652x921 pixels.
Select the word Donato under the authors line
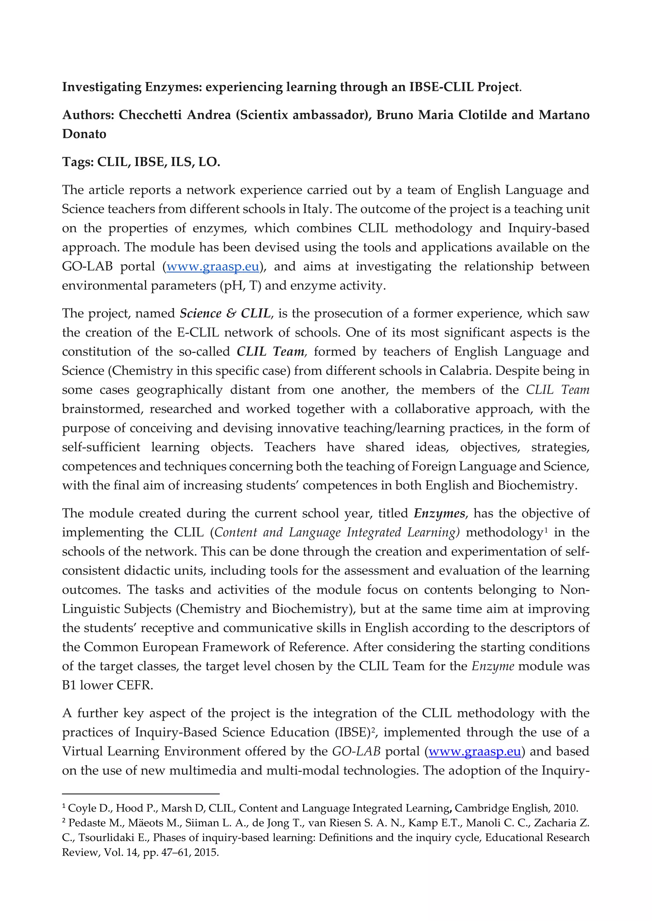pos(84,134)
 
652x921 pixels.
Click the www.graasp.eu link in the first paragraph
pos(213,267)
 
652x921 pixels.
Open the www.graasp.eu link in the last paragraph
pos(475,751)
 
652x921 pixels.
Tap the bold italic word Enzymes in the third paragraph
pos(439,513)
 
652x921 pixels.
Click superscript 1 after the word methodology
pos(546,530)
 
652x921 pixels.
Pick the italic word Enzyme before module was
pos(493,666)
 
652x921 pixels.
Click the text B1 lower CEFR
pos(107,685)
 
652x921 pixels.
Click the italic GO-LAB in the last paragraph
pos(356,751)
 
